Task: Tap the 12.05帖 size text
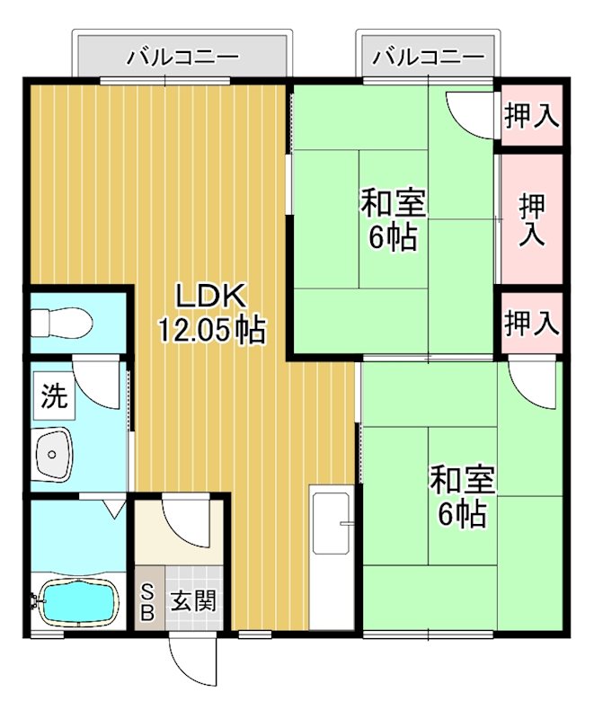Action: [x=212, y=331]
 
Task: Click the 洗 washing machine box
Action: [x=54, y=397]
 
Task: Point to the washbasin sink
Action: [x=55, y=454]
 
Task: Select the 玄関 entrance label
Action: [x=192, y=600]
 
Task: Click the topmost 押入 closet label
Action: [x=531, y=115]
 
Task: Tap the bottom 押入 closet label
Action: [x=531, y=321]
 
